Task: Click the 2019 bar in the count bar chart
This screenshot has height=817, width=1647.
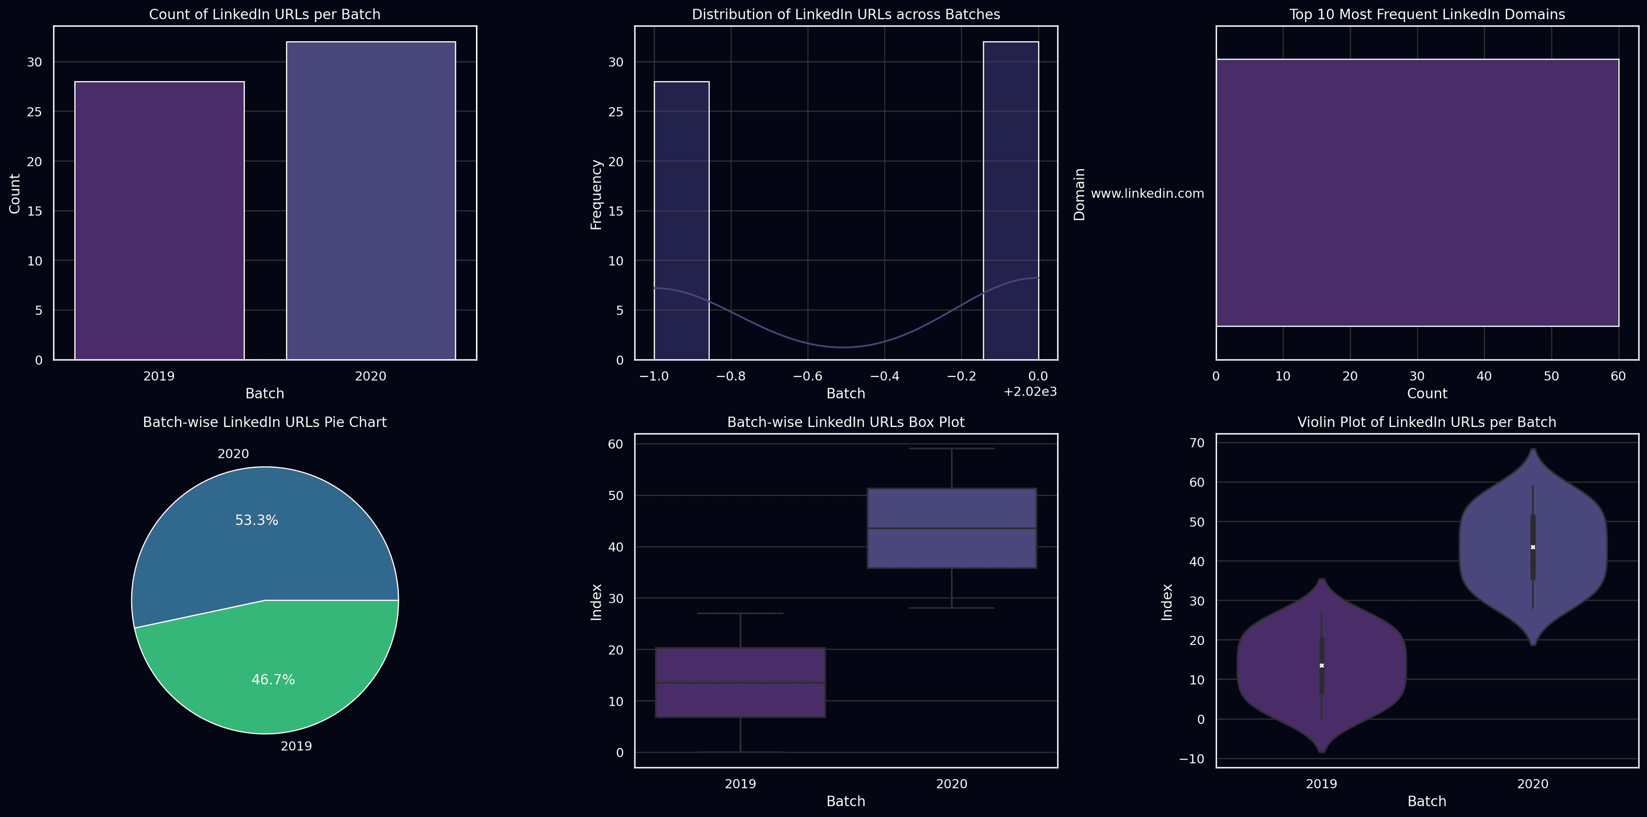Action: coord(159,221)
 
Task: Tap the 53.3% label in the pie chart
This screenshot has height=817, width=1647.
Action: coord(256,520)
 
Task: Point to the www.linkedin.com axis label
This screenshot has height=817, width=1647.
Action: coord(1147,193)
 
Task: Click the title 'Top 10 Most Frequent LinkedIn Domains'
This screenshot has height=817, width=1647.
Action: coord(1427,14)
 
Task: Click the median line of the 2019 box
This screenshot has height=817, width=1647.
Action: coord(740,683)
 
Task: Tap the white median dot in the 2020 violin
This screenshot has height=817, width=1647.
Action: coord(1532,547)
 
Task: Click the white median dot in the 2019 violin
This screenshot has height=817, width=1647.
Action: coord(1321,666)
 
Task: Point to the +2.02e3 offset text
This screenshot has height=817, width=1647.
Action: coord(1030,391)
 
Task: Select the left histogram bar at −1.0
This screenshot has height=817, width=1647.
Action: coord(682,221)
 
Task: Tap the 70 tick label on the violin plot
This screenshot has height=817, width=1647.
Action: coord(1197,443)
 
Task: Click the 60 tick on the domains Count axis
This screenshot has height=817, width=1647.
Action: coord(1618,376)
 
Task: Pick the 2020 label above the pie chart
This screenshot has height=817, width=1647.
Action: coord(233,454)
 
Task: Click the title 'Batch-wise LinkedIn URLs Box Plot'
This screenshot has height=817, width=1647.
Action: coord(846,422)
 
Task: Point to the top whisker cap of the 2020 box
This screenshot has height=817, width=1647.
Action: coord(951,448)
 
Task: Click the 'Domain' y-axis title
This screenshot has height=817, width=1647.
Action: coord(1079,194)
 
